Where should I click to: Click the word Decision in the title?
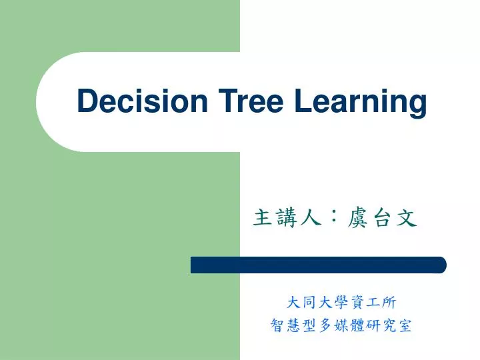click(142, 101)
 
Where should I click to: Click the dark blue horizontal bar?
click(319, 265)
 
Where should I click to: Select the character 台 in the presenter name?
click(382, 217)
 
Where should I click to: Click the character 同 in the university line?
click(309, 303)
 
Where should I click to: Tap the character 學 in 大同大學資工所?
click(341, 303)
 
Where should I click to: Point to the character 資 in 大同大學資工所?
click(357, 303)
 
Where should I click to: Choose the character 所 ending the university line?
click(389, 303)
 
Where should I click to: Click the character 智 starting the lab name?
click(277, 325)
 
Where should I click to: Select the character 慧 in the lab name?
click(293, 325)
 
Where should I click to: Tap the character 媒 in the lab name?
click(341, 325)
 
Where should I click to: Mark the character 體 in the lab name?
click(357, 325)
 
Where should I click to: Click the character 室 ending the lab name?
click(405, 325)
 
